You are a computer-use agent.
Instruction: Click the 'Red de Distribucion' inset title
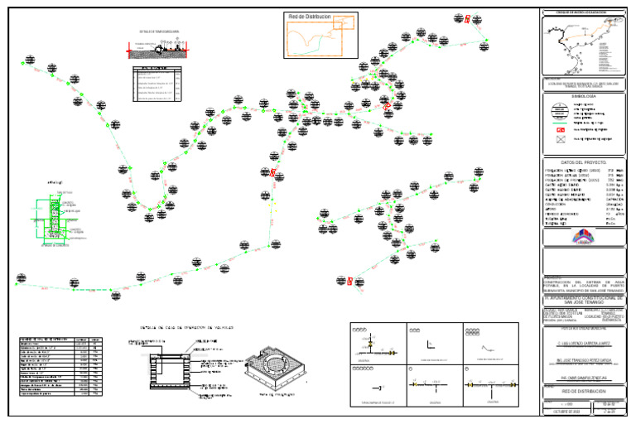point(310,17)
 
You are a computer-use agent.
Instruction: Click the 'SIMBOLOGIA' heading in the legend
point(584,96)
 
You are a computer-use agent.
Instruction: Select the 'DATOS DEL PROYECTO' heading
point(584,162)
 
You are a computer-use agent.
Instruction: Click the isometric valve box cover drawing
point(284,363)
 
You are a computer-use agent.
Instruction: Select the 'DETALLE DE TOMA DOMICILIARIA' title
point(160,32)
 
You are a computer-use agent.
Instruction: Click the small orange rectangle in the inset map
point(338,22)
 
